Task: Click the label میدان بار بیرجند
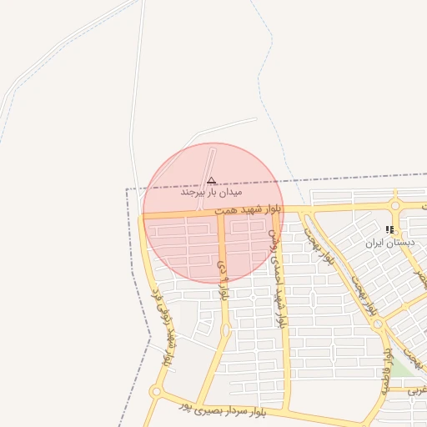[x=204, y=192]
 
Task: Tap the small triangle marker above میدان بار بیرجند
[x=211, y=180]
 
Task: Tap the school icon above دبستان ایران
[x=389, y=229]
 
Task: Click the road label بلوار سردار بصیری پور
[x=225, y=409]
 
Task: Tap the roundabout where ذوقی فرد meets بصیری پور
[x=155, y=391]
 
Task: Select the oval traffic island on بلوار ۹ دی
[x=225, y=331]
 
